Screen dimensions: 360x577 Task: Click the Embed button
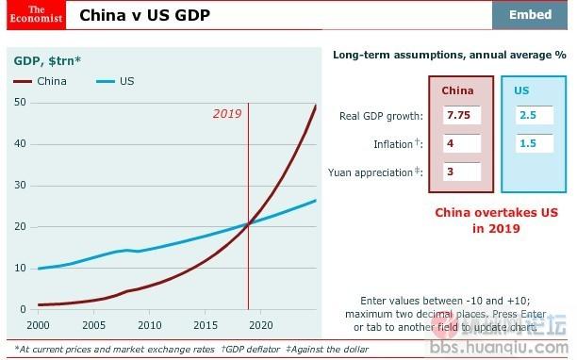click(x=530, y=15)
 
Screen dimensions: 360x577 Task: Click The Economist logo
click(x=32, y=15)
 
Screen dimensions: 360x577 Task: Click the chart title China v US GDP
click(x=144, y=15)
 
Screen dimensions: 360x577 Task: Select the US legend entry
click(x=117, y=81)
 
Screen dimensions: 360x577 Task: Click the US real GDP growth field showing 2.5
click(x=535, y=116)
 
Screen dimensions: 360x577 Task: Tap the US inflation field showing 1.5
click(x=535, y=144)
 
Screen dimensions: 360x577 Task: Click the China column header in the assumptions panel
click(x=458, y=90)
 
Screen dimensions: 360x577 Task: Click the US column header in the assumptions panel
click(x=521, y=90)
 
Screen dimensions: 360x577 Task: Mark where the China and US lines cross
click(x=248, y=223)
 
